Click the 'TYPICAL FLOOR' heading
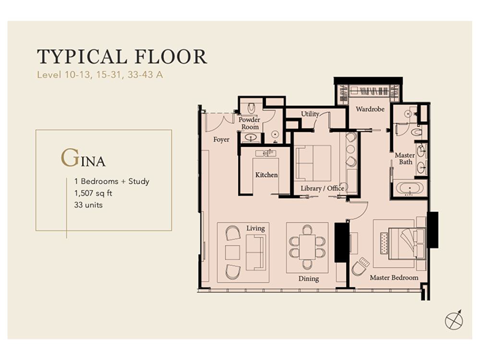tap(122, 57)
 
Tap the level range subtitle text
tap(100, 74)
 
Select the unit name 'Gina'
tap(83, 158)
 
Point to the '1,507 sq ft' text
tap(94, 193)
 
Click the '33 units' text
tap(88, 205)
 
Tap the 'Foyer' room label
tap(221, 140)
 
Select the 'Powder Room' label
tap(250, 123)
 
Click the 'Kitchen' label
tap(266, 175)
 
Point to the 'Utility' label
tap(310, 114)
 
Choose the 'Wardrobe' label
tap(370, 109)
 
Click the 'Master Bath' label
tap(405, 158)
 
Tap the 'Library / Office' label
tap(322, 188)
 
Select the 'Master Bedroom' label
tap(394, 278)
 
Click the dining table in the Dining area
tap(307, 247)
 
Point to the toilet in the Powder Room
tap(251, 108)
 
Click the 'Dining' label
tap(308, 279)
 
